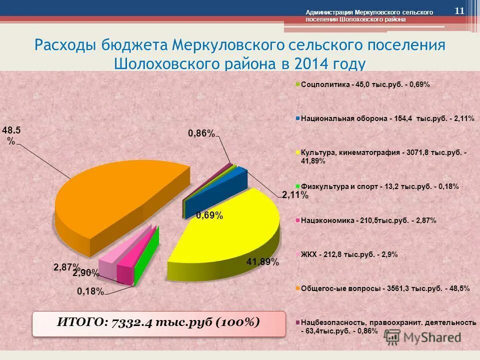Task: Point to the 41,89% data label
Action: click(x=262, y=261)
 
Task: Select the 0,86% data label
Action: click(x=201, y=133)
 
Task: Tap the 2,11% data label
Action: click(x=295, y=195)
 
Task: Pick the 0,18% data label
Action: click(x=90, y=291)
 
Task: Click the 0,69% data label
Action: click(x=209, y=215)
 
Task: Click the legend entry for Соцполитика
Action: click(x=365, y=84)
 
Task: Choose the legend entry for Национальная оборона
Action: click(x=387, y=119)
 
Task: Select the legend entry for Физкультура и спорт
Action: click(x=379, y=186)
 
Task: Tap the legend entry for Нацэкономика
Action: click(x=368, y=220)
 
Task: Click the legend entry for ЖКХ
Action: click(x=349, y=254)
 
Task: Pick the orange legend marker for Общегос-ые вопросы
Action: click(x=297, y=289)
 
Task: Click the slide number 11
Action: click(x=459, y=11)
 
